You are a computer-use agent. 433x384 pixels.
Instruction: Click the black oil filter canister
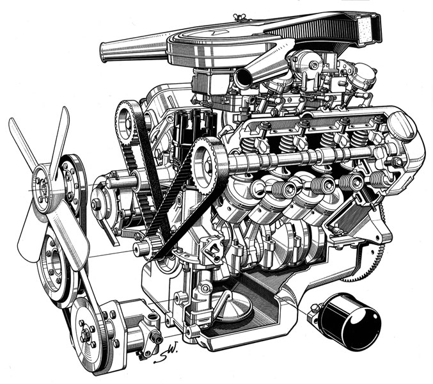[x=350, y=322]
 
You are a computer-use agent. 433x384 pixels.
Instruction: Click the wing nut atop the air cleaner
[x=237, y=17]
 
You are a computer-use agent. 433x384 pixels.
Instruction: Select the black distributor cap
[x=193, y=129]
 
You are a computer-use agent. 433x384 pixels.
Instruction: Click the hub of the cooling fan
[x=43, y=188]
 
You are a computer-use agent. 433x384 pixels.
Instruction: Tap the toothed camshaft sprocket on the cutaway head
[x=209, y=166]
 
